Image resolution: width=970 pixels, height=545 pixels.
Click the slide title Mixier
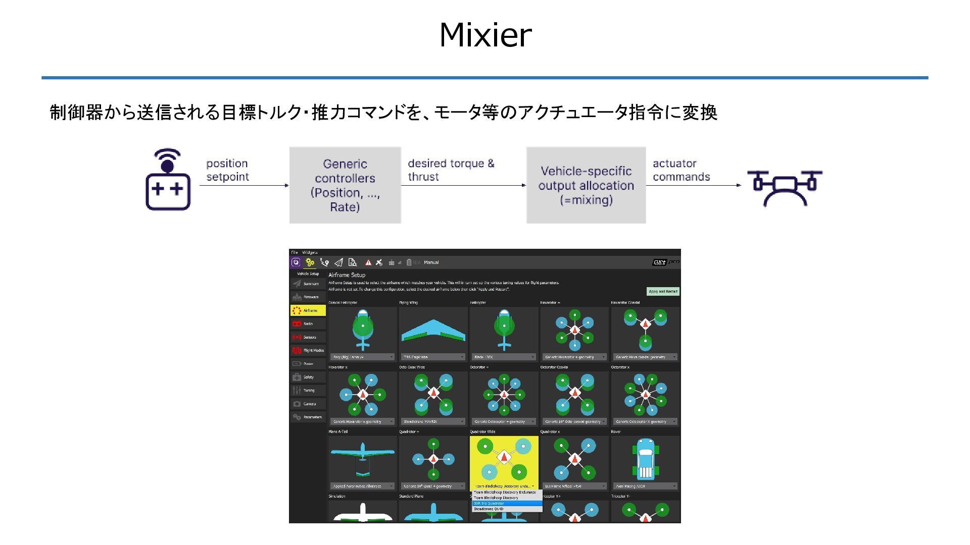pyautogui.click(x=485, y=35)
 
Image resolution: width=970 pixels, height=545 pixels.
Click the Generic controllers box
pyautogui.click(x=345, y=185)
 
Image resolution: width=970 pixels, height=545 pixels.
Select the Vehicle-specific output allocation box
pyautogui.click(x=586, y=185)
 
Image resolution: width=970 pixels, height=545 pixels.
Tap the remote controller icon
pyautogui.click(x=168, y=180)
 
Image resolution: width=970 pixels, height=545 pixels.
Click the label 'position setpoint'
pyautogui.click(x=227, y=170)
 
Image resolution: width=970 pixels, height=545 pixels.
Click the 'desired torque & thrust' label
pyautogui.click(x=451, y=170)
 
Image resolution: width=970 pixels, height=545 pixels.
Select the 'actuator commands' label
pyautogui.click(x=681, y=170)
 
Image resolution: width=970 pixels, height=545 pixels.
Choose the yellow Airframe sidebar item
pyautogui.click(x=308, y=310)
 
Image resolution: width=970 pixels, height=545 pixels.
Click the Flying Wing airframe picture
pyautogui.click(x=433, y=331)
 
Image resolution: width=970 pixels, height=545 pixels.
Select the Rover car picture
pyautogui.click(x=645, y=459)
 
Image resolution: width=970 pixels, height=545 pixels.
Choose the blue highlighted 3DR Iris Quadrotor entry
pyautogui.click(x=507, y=503)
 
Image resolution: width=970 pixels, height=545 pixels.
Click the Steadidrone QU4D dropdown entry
pyautogui.click(x=507, y=509)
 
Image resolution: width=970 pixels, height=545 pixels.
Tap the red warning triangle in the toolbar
pyautogui.click(x=368, y=262)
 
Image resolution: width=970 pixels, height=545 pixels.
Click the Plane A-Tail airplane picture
pyautogui.click(x=362, y=459)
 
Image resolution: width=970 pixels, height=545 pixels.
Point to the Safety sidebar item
pyautogui.click(x=308, y=377)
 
